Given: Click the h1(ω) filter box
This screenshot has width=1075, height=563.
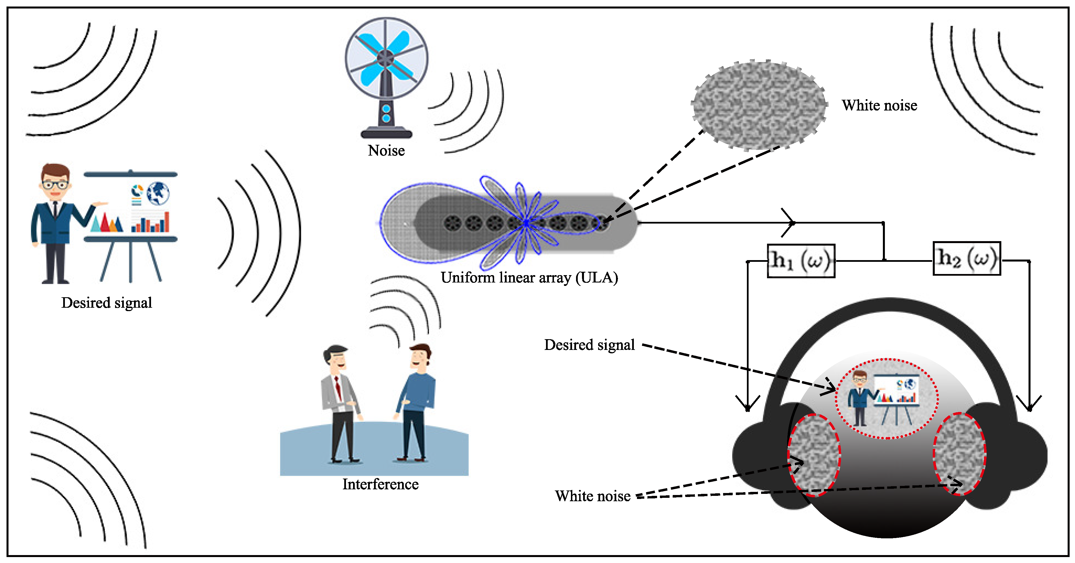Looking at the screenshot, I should click(x=801, y=261).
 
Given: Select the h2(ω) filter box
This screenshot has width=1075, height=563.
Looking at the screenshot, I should click(x=966, y=258).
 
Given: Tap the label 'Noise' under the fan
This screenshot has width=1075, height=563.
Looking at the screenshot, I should click(x=386, y=150).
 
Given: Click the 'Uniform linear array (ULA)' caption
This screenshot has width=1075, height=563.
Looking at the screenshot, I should click(x=529, y=278).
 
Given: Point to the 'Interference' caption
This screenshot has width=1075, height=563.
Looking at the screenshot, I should click(x=380, y=484).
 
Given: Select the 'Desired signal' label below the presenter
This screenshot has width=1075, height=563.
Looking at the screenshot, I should click(x=107, y=303).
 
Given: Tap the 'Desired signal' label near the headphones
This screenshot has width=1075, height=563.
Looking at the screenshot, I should click(x=589, y=345).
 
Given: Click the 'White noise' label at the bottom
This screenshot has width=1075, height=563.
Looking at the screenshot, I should click(x=592, y=496).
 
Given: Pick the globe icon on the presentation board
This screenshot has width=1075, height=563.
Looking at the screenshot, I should click(x=158, y=193).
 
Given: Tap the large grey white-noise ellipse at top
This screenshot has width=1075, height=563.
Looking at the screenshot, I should click(x=759, y=105).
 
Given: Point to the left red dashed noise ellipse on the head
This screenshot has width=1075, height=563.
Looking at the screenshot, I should click(x=814, y=455).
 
